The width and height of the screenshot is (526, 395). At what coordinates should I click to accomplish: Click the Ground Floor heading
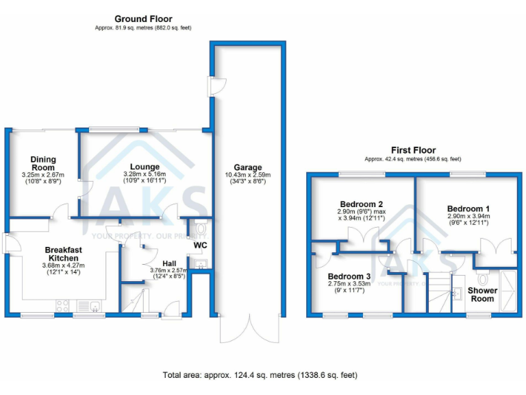143,19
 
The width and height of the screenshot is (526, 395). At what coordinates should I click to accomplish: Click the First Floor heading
413,150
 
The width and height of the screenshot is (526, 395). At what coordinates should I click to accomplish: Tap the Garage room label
247,167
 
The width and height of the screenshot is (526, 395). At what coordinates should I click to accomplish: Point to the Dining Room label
42,163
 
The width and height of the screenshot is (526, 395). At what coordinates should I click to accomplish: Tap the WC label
199,245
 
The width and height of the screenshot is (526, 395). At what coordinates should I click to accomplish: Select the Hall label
169,263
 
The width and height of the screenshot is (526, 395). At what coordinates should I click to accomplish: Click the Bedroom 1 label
468,208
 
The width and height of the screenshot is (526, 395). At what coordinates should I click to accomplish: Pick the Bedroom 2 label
361,204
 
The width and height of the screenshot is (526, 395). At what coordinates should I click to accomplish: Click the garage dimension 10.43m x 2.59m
247,176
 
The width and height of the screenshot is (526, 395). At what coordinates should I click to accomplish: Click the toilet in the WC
201,228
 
